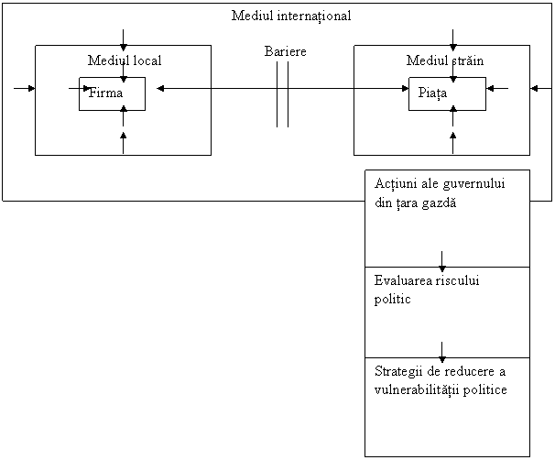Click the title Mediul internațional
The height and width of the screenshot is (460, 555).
pyautogui.click(x=291, y=16)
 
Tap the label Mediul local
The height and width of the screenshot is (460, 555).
pyautogui.click(x=125, y=60)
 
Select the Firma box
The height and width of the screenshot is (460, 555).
pyautogui.click(x=112, y=93)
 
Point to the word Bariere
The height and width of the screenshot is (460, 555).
pyautogui.click(x=286, y=51)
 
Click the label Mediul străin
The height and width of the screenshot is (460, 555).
pyautogui.click(x=445, y=60)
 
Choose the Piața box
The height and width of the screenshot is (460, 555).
pyautogui.click(x=448, y=93)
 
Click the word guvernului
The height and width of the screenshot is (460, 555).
pyautogui.click(x=473, y=184)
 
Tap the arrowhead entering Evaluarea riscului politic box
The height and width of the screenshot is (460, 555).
pyautogui.click(x=441, y=268)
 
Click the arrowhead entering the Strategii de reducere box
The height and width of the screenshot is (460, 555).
pyautogui.click(x=441, y=358)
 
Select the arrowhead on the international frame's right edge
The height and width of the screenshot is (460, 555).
pyautogui.click(x=535, y=88)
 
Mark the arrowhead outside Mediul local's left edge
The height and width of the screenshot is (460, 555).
pyautogui.click(x=31, y=88)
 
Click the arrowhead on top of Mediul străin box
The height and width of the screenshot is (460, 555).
pyautogui.click(x=453, y=47)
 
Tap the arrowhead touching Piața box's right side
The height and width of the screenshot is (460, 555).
pyautogui.click(x=490, y=88)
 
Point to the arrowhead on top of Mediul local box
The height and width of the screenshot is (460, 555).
pyautogui.click(x=123, y=47)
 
